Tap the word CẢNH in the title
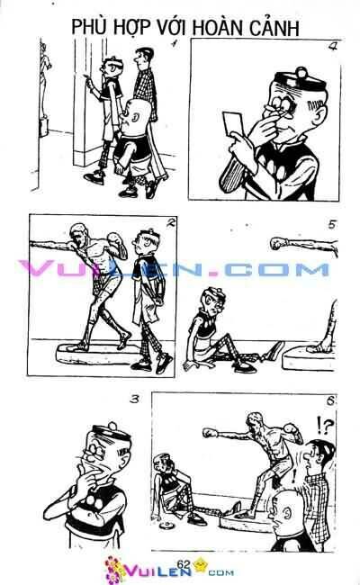tap(275, 28)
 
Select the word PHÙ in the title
tap(85, 27)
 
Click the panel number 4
tap(332, 47)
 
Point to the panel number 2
tap(170, 223)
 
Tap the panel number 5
tap(332, 225)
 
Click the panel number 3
tap(135, 400)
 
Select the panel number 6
tap(330, 400)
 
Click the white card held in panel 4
tap(233, 123)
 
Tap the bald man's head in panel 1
tap(137, 113)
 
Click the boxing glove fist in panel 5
tap(276, 243)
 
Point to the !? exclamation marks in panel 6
tap(324, 426)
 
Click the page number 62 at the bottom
tap(184, 564)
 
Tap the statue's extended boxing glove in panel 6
tap(210, 433)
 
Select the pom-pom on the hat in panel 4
tap(301, 72)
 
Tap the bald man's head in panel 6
tap(285, 508)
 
